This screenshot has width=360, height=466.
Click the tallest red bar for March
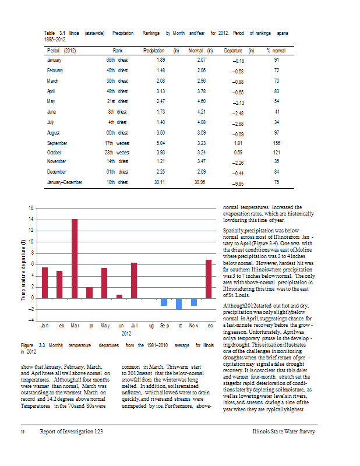tap(75, 259)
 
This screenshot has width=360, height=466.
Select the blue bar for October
tap(179, 303)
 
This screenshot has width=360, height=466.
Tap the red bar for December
tap(209, 279)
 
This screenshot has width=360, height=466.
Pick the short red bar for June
tap(119, 296)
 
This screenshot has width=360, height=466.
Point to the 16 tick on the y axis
tap(31, 208)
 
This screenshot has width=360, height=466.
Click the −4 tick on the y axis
tap(31, 320)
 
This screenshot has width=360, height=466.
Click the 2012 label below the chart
tap(127, 334)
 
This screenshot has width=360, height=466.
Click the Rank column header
tap(117, 51)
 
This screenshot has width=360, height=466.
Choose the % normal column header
tap(276, 51)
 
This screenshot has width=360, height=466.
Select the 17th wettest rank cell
tap(117, 143)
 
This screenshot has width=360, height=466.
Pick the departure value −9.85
tap(238, 183)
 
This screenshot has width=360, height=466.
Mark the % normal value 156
tap(277, 143)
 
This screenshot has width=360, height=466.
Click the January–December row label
tap(65, 182)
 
